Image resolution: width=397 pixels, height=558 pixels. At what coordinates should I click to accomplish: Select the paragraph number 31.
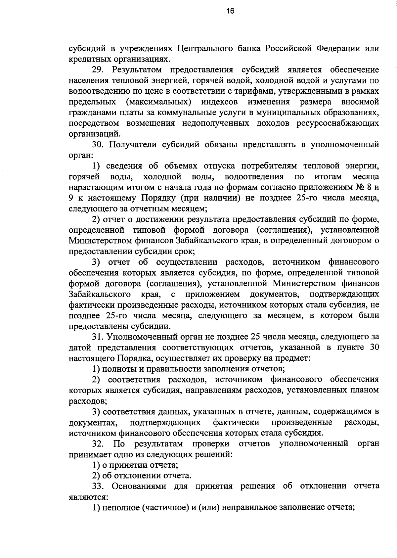98,337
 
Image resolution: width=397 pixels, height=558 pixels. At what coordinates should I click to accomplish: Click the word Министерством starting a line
100,241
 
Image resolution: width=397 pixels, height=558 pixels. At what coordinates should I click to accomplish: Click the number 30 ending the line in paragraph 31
373,348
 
